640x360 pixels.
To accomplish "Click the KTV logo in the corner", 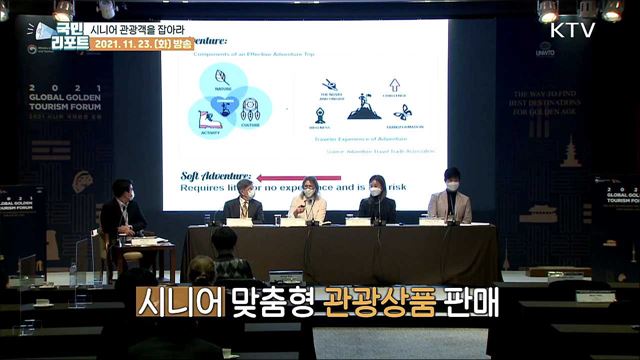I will click(x=573, y=29).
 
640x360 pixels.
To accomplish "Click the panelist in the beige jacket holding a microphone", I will click(x=309, y=200).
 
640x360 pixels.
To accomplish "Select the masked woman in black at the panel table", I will click(x=376, y=200).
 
